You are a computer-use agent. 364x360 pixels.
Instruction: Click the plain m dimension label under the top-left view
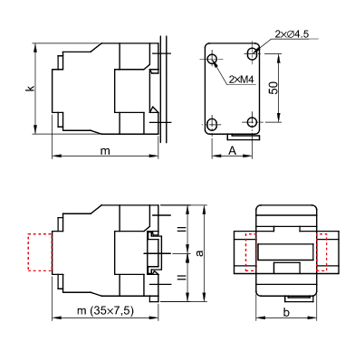[x=104, y=150]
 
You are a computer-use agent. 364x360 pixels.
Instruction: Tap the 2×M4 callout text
[x=241, y=80]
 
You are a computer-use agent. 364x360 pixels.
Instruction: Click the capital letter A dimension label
[x=233, y=149]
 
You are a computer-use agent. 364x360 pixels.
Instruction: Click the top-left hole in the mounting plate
[x=213, y=59]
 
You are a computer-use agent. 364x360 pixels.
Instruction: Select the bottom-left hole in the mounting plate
[x=213, y=123]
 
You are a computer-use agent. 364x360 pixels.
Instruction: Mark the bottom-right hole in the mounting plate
[x=253, y=123]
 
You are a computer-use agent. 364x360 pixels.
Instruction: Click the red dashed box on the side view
[x=40, y=252]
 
